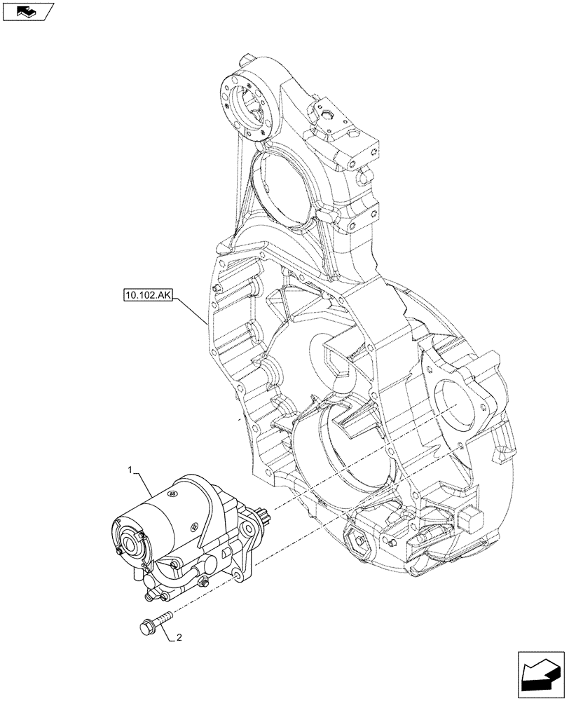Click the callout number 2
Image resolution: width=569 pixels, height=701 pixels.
coord(180,638)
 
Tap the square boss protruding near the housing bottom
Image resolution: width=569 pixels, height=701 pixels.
coord(465,519)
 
